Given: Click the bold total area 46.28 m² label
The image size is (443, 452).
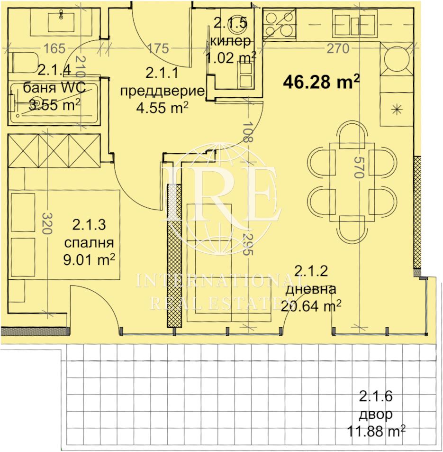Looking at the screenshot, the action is click(321, 82).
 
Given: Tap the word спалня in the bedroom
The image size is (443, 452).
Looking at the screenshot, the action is click(89, 243).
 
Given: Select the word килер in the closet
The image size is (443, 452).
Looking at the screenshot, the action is click(230, 41).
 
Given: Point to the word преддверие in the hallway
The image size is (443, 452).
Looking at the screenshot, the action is click(162, 92).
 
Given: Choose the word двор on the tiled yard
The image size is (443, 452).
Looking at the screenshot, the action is click(376, 415).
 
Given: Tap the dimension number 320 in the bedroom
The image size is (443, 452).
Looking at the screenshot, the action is click(46, 223).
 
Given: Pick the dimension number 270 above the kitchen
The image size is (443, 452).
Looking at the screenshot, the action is click(338, 48).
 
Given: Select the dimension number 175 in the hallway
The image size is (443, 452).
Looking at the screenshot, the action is click(158, 48).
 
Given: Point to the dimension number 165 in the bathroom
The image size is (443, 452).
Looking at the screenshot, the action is click(54, 48).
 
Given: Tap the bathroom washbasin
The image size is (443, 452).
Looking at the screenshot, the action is click(61, 20).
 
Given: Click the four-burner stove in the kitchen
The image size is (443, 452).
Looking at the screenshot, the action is click(280, 24).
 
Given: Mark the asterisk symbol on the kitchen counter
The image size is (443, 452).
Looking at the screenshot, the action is click(397, 109).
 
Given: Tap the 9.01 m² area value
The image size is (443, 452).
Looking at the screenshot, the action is click(89, 259).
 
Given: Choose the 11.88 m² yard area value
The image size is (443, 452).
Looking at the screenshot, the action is click(376, 432).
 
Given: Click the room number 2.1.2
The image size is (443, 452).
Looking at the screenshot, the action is click(311, 271).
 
